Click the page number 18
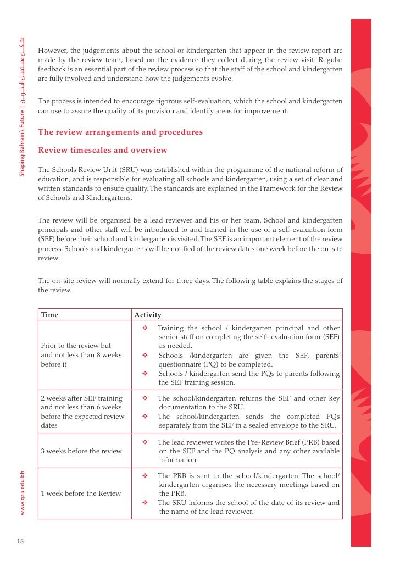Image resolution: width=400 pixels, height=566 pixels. click(20, 541)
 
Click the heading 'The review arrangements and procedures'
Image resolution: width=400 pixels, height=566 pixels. click(120, 132)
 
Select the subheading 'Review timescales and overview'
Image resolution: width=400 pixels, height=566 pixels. click(102, 150)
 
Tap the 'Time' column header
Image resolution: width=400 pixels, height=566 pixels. click(49, 315)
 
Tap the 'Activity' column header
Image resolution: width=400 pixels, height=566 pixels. click(148, 315)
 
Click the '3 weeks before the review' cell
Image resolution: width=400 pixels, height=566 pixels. click(81, 451)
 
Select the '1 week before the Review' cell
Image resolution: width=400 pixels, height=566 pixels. click(81, 493)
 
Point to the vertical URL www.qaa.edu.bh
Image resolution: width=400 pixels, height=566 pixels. click(22, 492)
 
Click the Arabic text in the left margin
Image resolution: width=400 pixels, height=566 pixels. click(22, 71)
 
